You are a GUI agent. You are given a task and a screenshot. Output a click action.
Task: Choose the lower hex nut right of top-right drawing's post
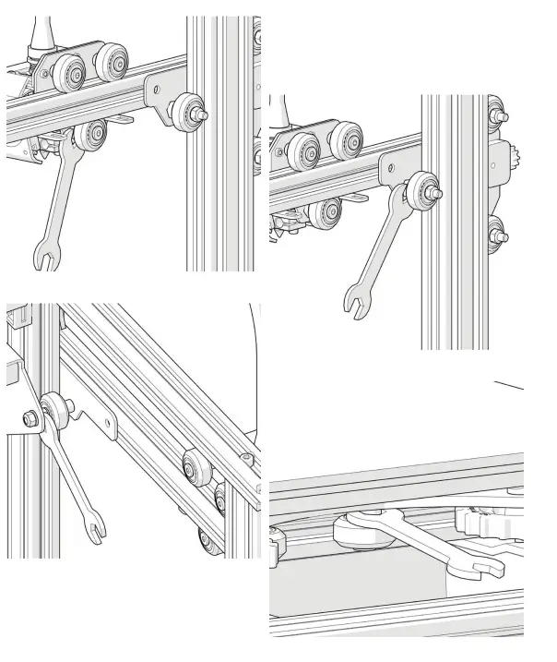coord(502,235)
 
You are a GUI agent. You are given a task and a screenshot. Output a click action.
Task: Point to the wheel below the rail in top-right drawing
coord(324,212)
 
